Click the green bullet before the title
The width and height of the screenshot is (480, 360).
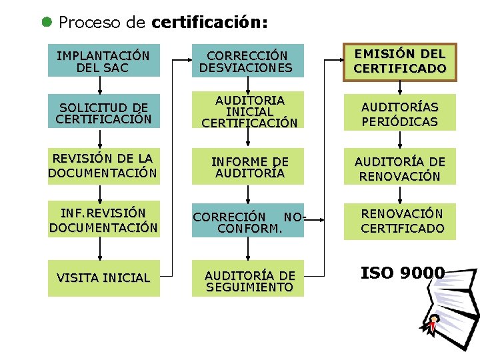point(47,21)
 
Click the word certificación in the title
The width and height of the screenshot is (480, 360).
point(209,23)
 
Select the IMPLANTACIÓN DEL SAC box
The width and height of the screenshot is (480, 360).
point(103,61)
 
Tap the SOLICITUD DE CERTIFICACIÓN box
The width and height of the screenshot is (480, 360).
point(103,114)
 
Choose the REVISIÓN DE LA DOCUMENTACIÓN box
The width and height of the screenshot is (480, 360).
point(103,166)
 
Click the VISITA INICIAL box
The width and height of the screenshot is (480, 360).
point(103,278)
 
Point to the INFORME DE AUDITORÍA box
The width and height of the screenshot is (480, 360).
point(247,167)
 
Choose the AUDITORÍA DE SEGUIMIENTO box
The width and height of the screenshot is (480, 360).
point(247,281)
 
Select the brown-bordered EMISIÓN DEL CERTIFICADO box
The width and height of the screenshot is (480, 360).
point(400,61)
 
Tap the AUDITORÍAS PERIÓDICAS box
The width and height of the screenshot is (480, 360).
point(400,114)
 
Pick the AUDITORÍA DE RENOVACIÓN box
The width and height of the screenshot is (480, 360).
point(400,169)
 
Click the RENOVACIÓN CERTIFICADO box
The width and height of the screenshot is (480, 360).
point(400,221)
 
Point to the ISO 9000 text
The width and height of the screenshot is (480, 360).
point(403,273)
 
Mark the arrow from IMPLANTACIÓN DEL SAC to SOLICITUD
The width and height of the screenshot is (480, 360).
point(100,85)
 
